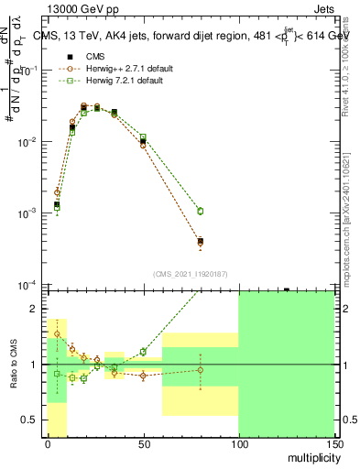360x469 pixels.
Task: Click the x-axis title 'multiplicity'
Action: [x=312, y=456]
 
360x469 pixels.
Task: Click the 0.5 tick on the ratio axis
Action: [x=31, y=420]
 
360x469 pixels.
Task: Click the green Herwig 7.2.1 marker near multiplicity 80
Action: [x=200, y=211]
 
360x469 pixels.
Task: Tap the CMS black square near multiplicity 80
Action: [x=200, y=242]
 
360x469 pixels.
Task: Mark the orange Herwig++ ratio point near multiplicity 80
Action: [x=200, y=370]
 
